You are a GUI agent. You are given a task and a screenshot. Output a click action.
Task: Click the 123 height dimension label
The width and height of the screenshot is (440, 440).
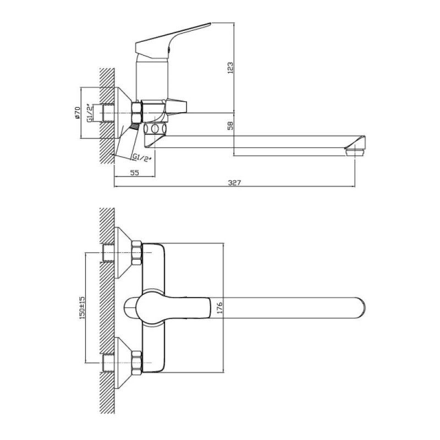tap(230, 68)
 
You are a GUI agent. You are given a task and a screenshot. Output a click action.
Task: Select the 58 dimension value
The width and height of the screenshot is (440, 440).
tap(230, 125)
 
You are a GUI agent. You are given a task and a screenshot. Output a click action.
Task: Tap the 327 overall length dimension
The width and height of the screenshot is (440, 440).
tap(234, 183)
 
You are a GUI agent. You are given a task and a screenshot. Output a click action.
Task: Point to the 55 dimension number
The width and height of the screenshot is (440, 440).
tap(135, 173)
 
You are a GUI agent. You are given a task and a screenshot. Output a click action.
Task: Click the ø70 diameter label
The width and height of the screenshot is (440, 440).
tap(78, 113)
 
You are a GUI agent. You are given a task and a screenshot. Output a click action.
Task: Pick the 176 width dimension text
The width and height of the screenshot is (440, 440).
tap(219, 308)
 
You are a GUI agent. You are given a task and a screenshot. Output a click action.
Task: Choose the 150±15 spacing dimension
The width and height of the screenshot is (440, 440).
tap(81, 308)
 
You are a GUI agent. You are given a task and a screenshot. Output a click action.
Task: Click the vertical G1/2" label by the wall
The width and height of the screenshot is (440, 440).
tap(90, 113)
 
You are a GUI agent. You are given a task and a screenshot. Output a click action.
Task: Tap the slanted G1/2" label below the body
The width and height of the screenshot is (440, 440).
tap(142, 157)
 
